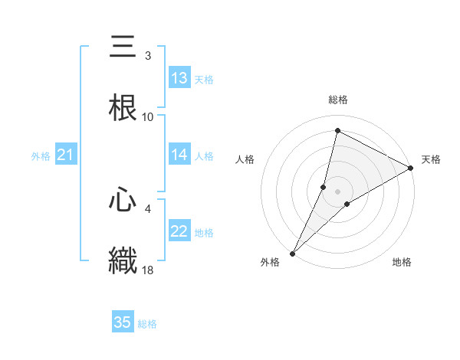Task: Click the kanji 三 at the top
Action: coord(123,47)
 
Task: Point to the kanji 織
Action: coord(123,260)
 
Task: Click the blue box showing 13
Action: coord(179,78)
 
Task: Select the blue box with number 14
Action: coord(179,155)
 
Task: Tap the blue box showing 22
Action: coord(179,232)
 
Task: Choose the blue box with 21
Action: coord(65,155)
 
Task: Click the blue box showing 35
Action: coord(123,322)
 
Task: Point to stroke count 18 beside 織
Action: coord(149,270)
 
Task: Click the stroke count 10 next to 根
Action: coord(148,117)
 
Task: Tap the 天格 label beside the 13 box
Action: coord(204,79)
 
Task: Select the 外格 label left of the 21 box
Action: coord(41,156)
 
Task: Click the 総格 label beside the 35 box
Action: coord(147,323)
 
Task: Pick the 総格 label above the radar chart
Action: coord(338,100)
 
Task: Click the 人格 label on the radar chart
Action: coord(245,159)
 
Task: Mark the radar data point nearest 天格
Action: coord(411,169)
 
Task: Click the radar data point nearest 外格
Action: coord(292,253)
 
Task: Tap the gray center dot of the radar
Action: coord(338,191)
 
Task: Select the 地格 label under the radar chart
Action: coord(402,262)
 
